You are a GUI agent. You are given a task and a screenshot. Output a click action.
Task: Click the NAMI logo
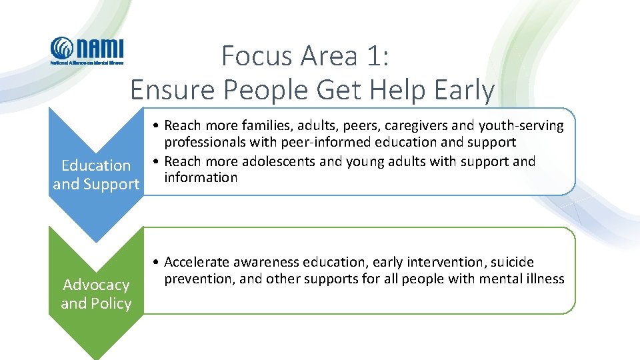[x=87, y=51]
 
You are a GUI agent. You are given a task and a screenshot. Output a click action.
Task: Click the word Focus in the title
[x=257, y=56]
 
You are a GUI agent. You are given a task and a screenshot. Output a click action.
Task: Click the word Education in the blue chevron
[x=96, y=165]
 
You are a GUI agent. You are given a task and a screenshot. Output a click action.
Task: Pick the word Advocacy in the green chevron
[x=96, y=285]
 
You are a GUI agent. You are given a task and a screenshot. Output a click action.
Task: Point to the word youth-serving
[x=524, y=125]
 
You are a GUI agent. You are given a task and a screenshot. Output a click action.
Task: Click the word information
[x=201, y=177]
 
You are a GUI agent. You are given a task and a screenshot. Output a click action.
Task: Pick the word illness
[x=544, y=279]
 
